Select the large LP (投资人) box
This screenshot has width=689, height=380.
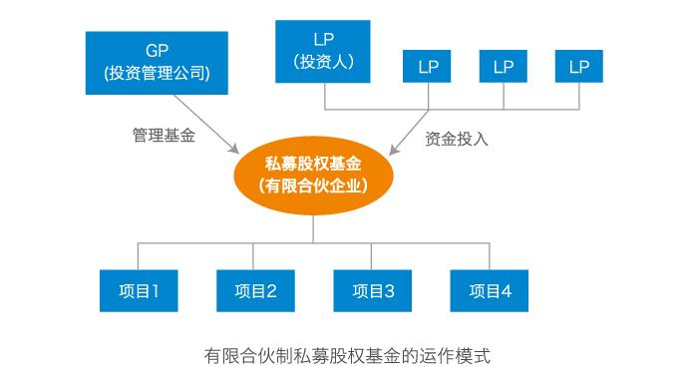coord(322,51)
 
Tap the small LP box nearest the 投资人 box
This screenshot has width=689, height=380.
coord(428,68)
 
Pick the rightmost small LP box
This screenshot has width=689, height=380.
coord(579,68)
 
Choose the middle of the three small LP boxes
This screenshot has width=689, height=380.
coord(504,68)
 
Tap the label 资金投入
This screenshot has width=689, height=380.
coord(456,139)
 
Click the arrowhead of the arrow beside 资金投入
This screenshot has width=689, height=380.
coord(395,151)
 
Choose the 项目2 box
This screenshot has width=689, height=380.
coord(255,291)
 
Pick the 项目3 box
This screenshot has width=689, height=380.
coord(373,291)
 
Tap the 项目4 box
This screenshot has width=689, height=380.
coord(490,291)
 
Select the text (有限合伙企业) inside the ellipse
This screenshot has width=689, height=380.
coord(313,186)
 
